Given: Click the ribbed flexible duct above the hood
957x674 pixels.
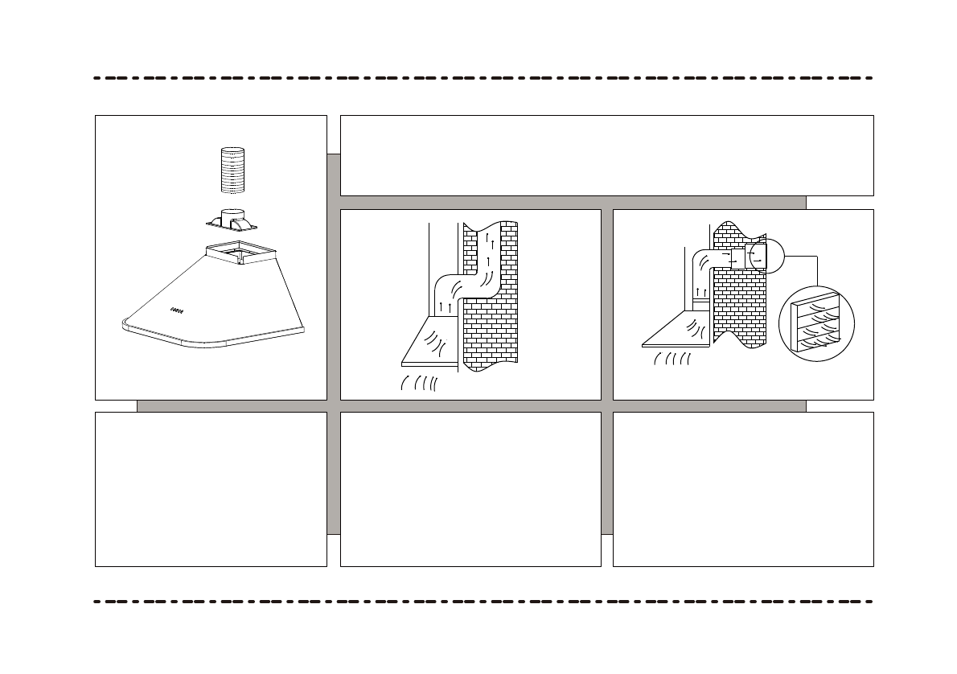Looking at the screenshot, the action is [232, 171].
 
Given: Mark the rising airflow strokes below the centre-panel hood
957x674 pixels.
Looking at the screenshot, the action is [418, 383].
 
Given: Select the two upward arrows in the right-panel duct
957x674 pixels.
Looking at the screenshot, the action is [700, 291].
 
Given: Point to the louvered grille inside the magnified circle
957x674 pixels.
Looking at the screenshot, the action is [816, 325].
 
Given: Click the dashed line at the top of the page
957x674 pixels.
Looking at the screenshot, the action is [483, 78].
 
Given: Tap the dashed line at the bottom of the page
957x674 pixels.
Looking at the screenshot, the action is [483, 601].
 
